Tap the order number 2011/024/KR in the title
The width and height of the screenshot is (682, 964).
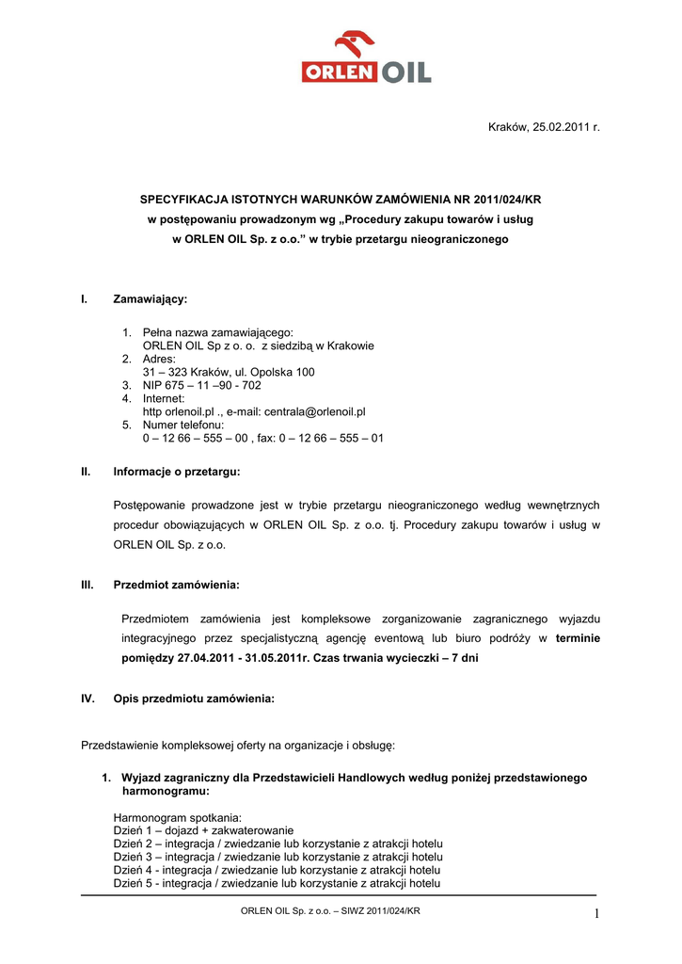tap(506, 200)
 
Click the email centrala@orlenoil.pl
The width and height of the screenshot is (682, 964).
tap(316, 411)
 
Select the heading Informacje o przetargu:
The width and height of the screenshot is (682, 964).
tap(177, 470)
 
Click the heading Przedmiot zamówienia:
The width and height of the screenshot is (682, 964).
tap(177, 585)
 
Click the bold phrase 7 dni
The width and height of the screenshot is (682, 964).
tap(461, 658)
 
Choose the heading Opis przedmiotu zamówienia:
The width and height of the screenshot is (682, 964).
tap(194, 699)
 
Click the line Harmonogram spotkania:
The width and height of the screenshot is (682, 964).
tap(178, 817)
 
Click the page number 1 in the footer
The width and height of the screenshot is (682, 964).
tap(595, 912)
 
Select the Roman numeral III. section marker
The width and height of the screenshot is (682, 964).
tap(88, 585)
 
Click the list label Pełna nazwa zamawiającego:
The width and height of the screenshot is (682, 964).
tap(218, 332)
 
